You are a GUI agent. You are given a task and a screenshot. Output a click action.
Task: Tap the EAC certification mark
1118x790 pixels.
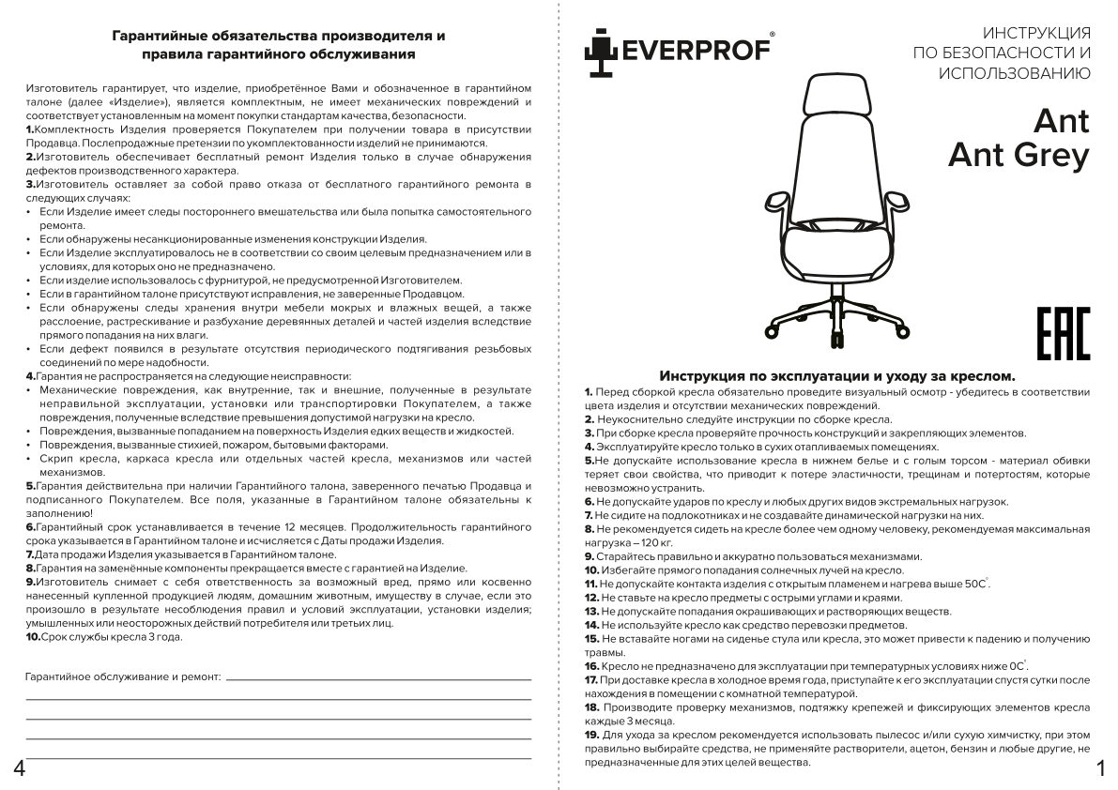click(1063, 332)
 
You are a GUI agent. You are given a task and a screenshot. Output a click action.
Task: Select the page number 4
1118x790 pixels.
click(18, 768)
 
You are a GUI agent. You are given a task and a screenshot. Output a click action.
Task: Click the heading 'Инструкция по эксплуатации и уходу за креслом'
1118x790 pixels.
click(837, 374)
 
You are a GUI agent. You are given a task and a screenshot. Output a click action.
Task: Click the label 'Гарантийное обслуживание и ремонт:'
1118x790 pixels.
click(122, 676)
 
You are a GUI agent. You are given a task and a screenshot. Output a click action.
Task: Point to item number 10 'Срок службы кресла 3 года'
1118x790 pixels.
click(104, 636)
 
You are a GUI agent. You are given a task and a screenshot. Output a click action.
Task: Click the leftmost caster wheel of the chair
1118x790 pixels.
click(774, 330)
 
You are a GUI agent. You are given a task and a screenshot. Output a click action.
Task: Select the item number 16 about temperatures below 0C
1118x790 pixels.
click(591, 665)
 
